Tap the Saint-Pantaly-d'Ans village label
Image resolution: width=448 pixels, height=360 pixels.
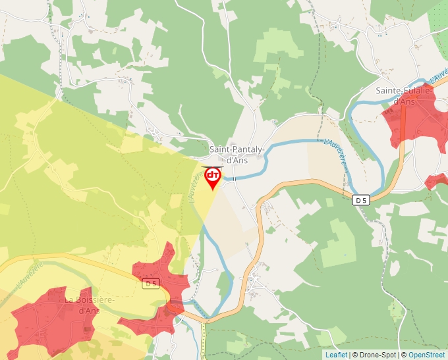click(237, 155)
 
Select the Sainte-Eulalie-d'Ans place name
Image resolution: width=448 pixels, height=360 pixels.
click(404, 95)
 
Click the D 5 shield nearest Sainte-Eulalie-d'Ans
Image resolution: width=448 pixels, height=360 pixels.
click(360, 200)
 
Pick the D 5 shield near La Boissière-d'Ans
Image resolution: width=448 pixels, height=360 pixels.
click(152, 284)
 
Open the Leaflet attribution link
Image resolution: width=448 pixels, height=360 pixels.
click(336, 355)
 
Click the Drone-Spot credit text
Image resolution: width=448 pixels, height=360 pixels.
click(375, 355)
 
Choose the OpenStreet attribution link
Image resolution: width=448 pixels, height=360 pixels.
click(427, 355)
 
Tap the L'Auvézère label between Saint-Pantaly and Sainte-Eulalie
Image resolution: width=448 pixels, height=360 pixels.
click(335, 151)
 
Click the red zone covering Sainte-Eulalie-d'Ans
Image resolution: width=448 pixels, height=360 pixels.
click(415, 118)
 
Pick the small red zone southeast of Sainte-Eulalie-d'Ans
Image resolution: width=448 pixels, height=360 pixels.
click(436, 180)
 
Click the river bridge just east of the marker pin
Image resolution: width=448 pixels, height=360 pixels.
click(233, 177)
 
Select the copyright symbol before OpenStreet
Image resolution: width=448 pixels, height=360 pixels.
click(405, 355)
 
